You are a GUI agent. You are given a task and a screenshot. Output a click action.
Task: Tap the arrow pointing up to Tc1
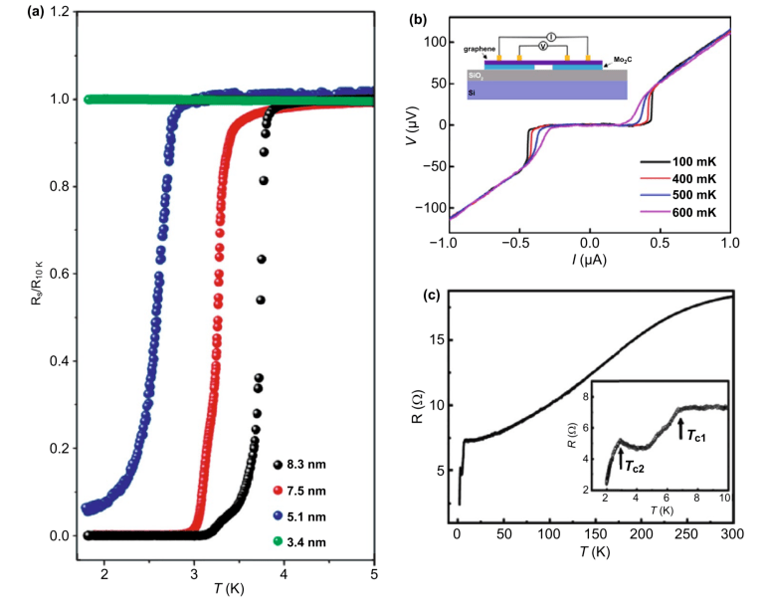point(680,428)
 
